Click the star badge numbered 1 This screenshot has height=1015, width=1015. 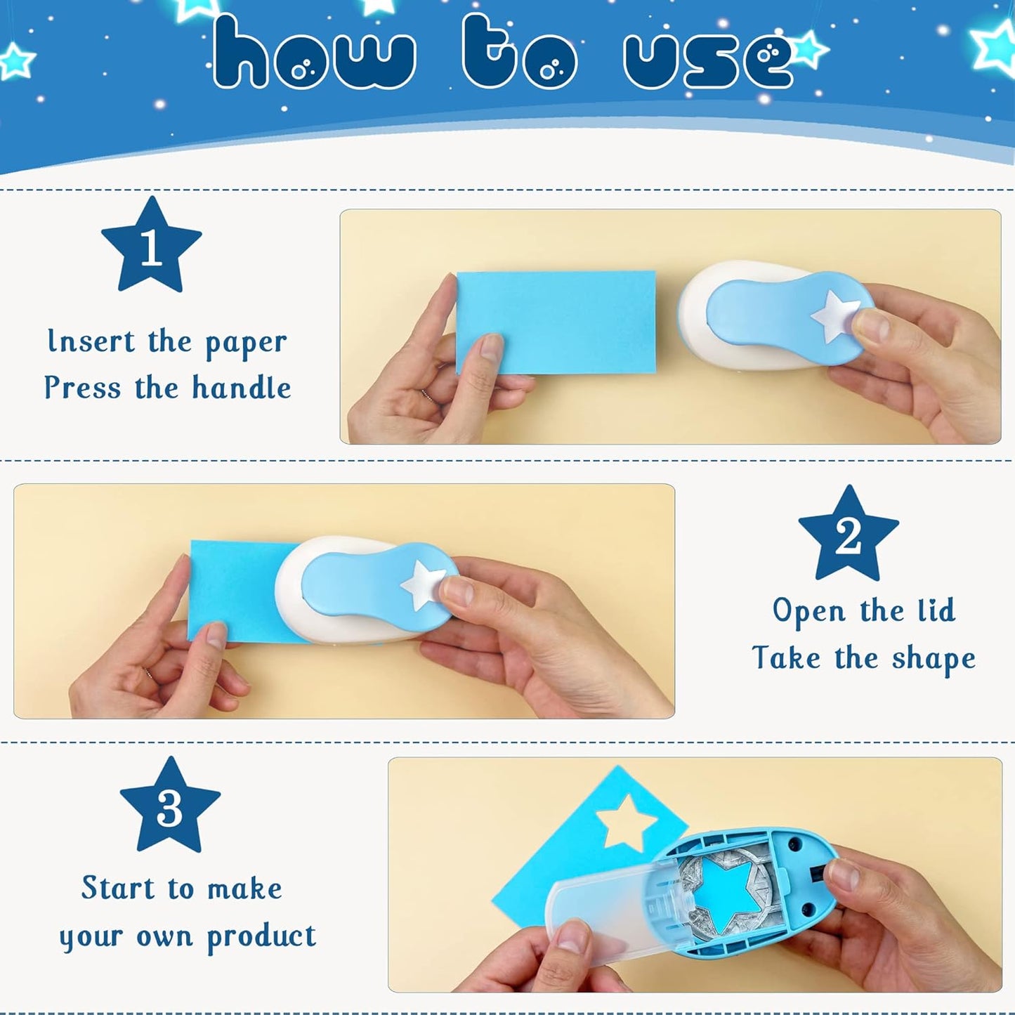pyautogui.click(x=151, y=247)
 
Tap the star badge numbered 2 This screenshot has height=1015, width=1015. pyautogui.click(x=849, y=536)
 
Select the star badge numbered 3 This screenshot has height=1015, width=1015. pyautogui.click(x=170, y=808)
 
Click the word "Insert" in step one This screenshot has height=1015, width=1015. pyautogui.click(x=91, y=341)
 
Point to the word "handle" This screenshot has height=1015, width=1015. pyautogui.click(x=242, y=388)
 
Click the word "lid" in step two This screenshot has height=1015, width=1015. pyautogui.click(x=936, y=610)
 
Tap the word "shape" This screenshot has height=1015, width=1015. pyautogui.click(x=934, y=659)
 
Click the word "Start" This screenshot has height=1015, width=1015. pyautogui.click(x=118, y=888)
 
